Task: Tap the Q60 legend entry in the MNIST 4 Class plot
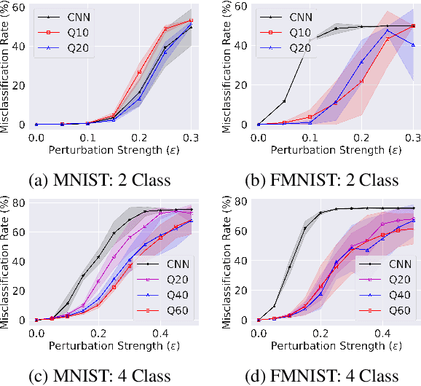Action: click(x=167, y=310)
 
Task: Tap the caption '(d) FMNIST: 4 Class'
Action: click(x=319, y=375)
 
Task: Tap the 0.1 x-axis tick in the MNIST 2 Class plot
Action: click(x=87, y=137)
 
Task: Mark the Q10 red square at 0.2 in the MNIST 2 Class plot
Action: click(x=139, y=72)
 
